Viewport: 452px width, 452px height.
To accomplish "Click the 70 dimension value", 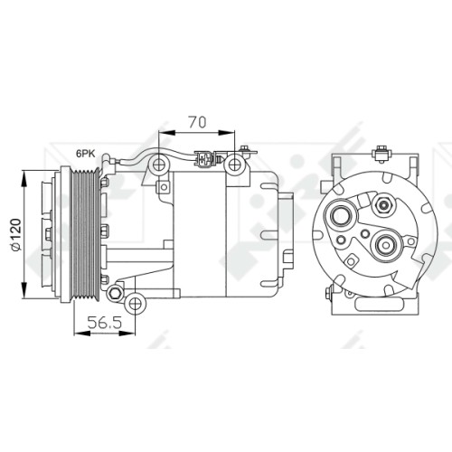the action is pos(197,122).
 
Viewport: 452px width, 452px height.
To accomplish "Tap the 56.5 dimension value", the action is pos(105,323).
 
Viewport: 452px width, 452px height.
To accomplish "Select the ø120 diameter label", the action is pos(15,234).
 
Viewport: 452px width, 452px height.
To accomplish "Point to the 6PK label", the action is pos(86,154).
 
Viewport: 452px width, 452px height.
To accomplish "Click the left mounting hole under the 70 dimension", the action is pos(158,165).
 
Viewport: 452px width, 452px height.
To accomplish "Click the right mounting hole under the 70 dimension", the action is pos(234,165).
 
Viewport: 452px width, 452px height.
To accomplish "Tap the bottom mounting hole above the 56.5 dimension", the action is pos(136,305).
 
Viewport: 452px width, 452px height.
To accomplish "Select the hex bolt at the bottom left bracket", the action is pos(115,293).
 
